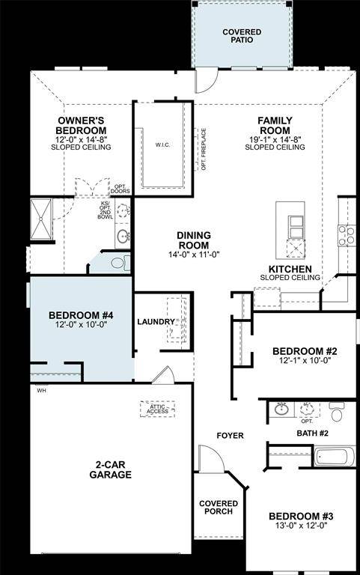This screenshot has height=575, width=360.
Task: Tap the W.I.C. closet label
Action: pyautogui.click(x=164, y=144)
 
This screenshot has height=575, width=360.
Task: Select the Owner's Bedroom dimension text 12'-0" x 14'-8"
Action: pyautogui.click(x=81, y=139)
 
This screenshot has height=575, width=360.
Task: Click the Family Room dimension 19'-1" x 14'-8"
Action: pyautogui.click(x=275, y=139)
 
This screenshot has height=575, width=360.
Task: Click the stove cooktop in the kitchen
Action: pyautogui.click(x=347, y=236)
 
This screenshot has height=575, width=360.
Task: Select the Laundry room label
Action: pyautogui.click(x=156, y=322)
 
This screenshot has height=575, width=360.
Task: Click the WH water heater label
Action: pyautogui.click(x=40, y=389)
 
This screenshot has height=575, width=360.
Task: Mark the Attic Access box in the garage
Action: pyautogui.click(x=157, y=409)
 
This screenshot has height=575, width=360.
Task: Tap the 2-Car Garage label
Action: pyautogui.click(x=111, y=469)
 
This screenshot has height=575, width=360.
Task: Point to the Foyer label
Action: pyautogui.click(x=230, y=436)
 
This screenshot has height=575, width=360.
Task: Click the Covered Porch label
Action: pyautogui.click(x=219, y=508)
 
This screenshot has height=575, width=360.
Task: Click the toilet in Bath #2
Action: pyautogui.click(x=337, y=412)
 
